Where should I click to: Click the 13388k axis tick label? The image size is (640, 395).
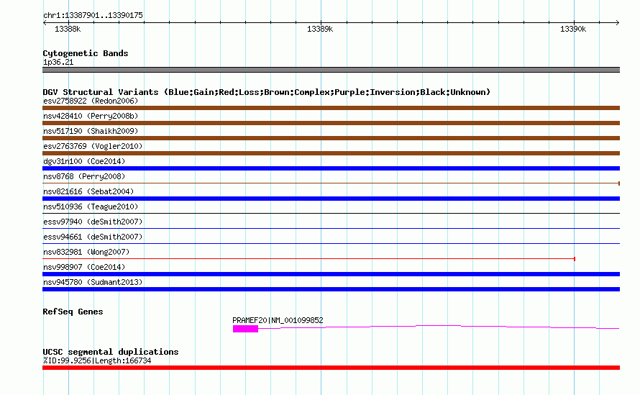coord(68,29)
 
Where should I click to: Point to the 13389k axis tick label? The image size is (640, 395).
coord(320,29)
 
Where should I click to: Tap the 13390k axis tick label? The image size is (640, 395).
coord(573,29)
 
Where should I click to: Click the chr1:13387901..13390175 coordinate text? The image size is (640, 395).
coord(93,16)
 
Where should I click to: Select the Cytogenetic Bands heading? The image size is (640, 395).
coord(86,53)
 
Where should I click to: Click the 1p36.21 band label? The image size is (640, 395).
coord(58,62)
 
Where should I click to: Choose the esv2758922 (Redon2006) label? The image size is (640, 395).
coord(91,101)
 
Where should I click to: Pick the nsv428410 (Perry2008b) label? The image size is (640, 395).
coord(91,116)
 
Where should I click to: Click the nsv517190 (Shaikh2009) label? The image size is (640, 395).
coord(91,131)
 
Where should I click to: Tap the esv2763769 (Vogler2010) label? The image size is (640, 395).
coord(93,146)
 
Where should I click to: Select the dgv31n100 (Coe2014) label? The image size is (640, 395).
coord(84,161)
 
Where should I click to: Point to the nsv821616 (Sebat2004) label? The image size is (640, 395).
coord(88,191)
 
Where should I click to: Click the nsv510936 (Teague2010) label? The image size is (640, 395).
coord(91,206)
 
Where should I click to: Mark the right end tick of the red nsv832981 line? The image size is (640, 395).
coord(575,259)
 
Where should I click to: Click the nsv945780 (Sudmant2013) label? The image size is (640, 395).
coord(93,282)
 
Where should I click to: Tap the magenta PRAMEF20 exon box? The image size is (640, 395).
coord(245,329)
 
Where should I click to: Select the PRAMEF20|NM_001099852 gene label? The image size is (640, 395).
coord(278,320)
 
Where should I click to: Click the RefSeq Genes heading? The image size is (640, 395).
coord(73,312)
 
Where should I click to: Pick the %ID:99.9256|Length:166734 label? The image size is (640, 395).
coord(97,360)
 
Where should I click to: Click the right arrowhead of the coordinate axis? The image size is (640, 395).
coord(618,23)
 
